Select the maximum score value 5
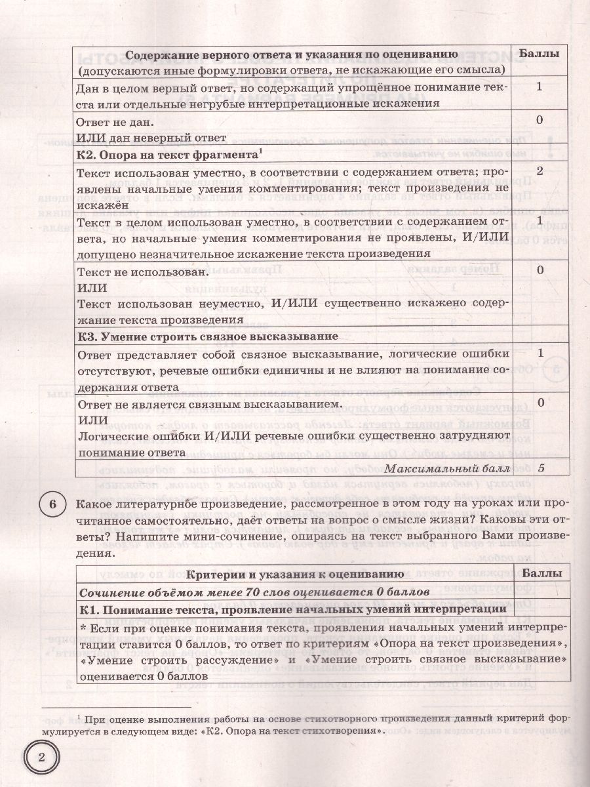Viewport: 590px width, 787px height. click(x=540, y=468)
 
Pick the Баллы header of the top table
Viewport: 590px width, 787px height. click(x=539, y=54)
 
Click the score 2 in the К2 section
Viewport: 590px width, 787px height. click(x=540, y=172)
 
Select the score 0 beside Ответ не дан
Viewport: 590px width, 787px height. click(x=540, y=120)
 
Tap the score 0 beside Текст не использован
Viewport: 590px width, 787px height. click(x=540, y=270)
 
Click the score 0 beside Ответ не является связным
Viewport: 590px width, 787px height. click(x=540, y=401)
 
